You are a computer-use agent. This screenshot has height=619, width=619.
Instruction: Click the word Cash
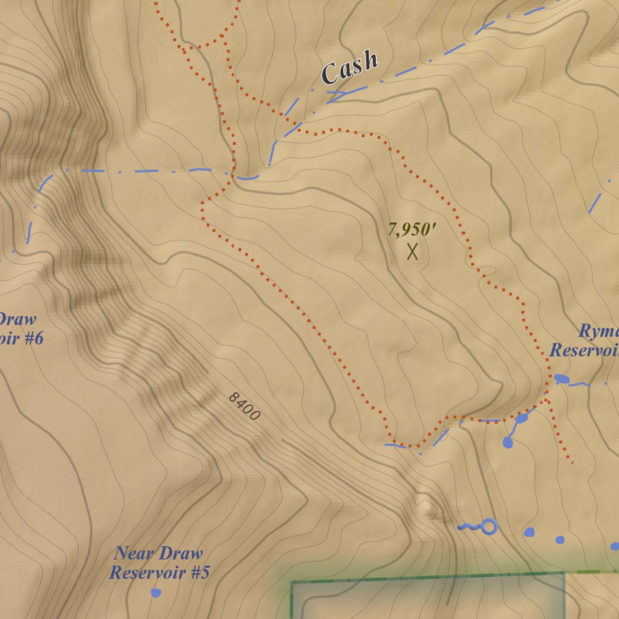[350, 67]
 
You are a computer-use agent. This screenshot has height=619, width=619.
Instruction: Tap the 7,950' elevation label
[412, 230]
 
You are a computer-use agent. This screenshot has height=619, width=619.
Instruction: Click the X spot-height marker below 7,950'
[412, 251]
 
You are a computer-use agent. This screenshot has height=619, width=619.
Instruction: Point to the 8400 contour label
[244, 407]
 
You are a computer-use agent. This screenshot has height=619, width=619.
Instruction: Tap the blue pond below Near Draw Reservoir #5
[156, 593]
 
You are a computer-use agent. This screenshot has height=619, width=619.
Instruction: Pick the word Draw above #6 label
[17, 319]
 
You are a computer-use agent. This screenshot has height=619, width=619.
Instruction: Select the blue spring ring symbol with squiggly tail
[488, 527]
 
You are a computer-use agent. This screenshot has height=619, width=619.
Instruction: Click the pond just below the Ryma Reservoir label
[562, 379]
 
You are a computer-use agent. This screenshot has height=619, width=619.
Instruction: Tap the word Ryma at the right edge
[598, 331]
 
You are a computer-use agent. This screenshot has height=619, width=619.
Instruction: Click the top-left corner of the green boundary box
[292, 583]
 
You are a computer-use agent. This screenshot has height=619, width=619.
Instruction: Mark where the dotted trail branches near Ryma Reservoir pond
[546, 399]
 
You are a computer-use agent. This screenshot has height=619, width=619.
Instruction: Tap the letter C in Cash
[330, 74]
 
